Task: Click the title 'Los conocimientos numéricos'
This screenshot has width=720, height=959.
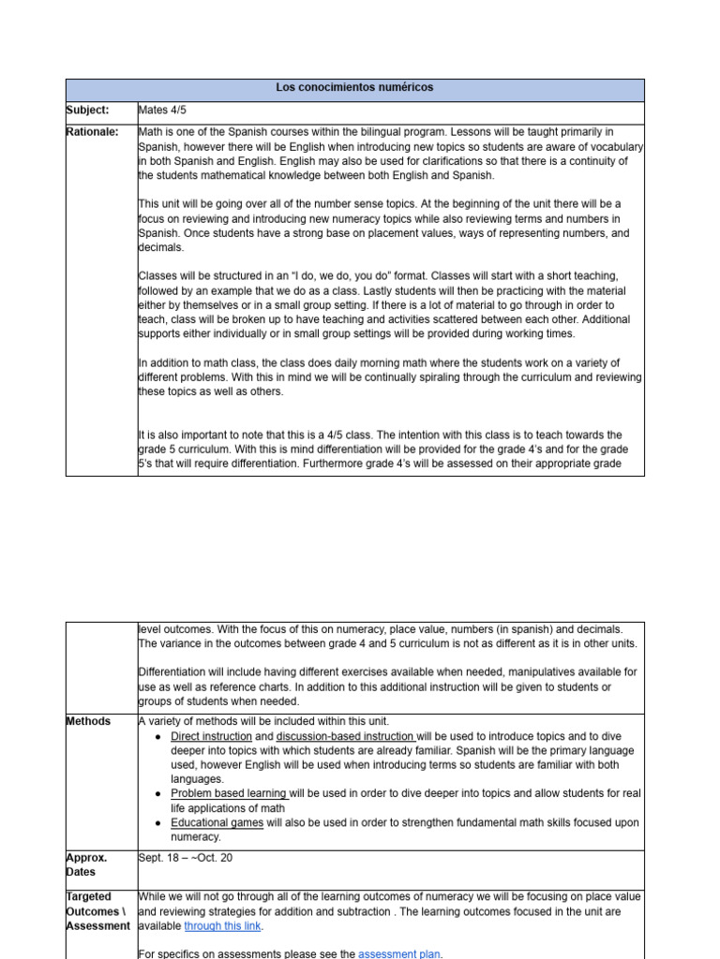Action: (x=354, y=88)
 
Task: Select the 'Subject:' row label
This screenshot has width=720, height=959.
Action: (x=87, y=111)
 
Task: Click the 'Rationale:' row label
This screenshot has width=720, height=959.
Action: (x=92, y=133)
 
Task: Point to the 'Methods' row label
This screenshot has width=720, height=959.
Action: (x=88, y=722)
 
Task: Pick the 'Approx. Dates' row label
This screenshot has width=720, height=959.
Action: (x=86, y=864)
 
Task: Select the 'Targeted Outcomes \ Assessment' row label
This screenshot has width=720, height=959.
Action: (x=97, y=911)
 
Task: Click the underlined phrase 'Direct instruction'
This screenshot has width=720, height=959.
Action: (x=211, y=737)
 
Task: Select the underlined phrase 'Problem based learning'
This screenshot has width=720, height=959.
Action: (x=229, y=794)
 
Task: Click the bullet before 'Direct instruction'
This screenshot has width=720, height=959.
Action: (x=156, y=737)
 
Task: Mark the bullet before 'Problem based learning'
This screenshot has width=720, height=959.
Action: (x=156, y=794)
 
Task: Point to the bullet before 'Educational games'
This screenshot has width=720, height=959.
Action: (x=156, y=823)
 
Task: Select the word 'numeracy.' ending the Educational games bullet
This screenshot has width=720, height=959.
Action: (x=196, y=837)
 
